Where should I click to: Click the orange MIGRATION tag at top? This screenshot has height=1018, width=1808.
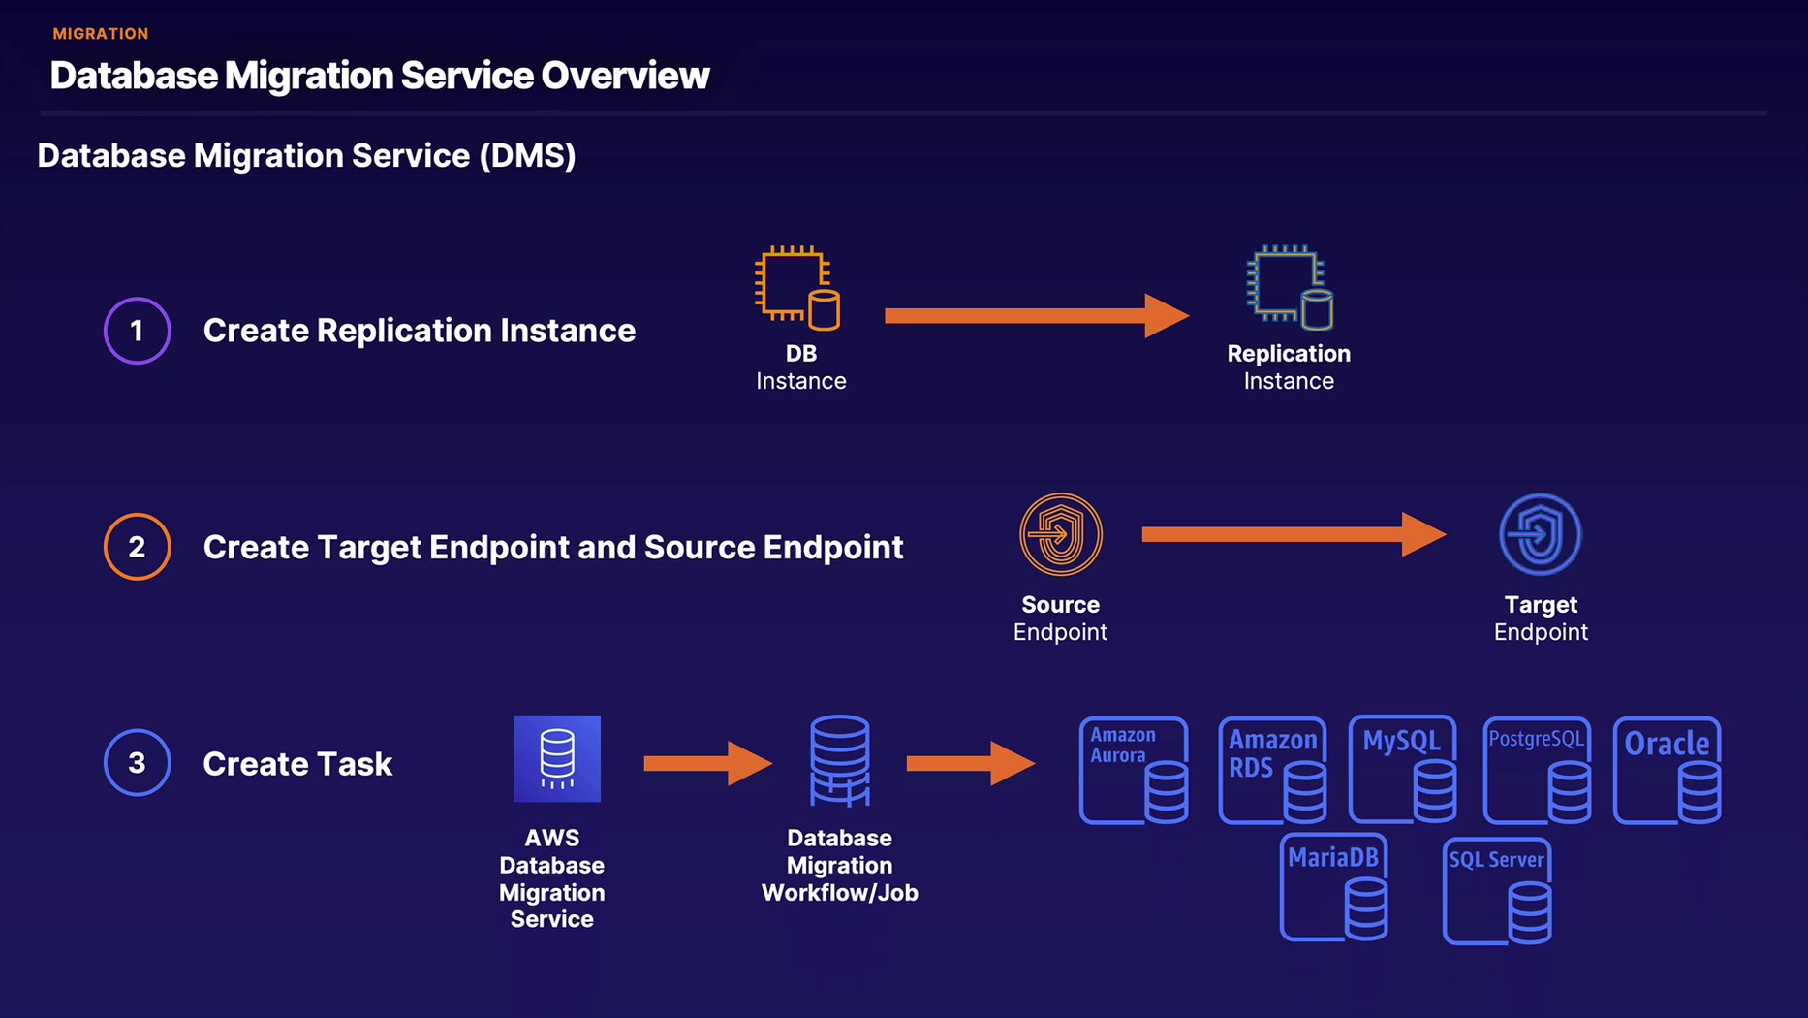click(101, 34)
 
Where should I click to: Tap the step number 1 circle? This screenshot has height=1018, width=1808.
click(138, 331)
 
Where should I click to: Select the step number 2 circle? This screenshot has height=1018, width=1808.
click(138, 547)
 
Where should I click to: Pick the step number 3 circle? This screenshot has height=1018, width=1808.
click(138, 763)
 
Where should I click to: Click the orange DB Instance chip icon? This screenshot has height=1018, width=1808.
click(797, 287)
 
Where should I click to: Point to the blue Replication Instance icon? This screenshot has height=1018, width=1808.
click(1290, 287)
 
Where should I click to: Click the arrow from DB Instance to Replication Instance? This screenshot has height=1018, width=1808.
click(1036, 315)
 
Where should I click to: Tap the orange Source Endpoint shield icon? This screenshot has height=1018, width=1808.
click(1061, 534)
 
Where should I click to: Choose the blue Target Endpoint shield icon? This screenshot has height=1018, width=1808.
click(1541, 534)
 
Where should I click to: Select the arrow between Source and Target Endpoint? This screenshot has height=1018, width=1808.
click(1293, 534)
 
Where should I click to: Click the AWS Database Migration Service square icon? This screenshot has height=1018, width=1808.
click(557, 758)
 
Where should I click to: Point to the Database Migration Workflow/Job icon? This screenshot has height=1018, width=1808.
click(840, 761)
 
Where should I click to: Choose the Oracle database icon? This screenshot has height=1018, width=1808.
click(1668, 771)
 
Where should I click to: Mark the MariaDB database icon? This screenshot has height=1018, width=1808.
click(1334, 887)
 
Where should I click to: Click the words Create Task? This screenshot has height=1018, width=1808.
click(297, 764)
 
